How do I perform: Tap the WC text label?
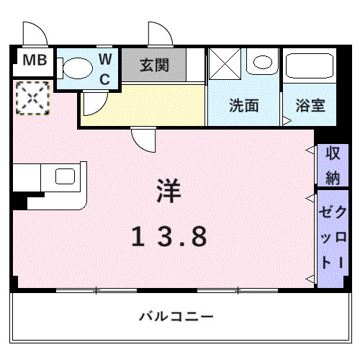(104, 69)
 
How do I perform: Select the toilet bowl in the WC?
(76, 68)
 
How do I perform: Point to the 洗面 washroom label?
(244, 105)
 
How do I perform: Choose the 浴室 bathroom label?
(310, 105)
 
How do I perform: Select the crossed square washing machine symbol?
(225, 63)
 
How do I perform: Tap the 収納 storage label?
(332, 165)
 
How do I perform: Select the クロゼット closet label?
(332, 238)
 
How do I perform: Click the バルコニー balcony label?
(176, 316)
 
